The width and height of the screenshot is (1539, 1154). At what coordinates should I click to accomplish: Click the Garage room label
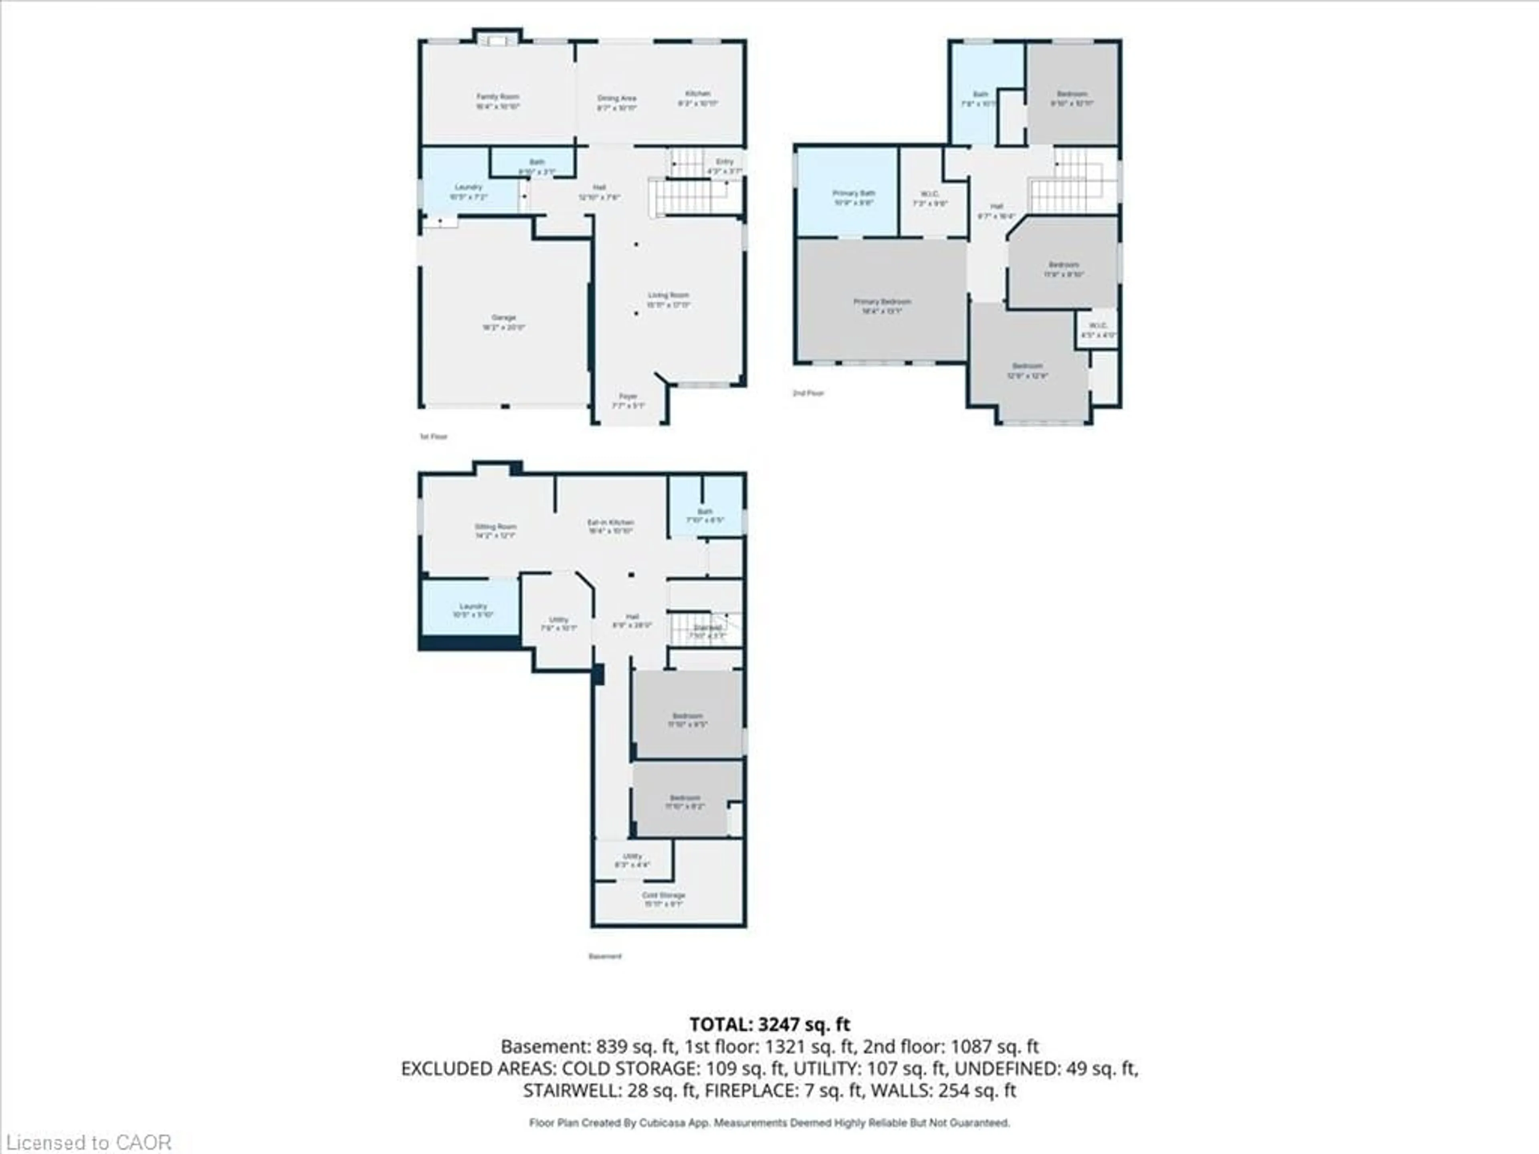(504, 322)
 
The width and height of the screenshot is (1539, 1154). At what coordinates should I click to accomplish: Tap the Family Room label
(497, 101)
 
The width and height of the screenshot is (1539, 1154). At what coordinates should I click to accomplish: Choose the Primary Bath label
(854, 198)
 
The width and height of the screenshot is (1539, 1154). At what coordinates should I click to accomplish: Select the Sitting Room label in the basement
(495, 531)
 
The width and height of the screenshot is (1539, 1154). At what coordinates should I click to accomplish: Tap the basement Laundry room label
(473, 610)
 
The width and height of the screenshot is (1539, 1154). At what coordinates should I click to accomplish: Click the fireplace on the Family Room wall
(497, 41)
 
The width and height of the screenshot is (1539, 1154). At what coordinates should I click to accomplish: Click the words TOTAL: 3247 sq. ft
(769, 1024)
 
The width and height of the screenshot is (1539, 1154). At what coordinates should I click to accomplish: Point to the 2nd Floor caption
(808, 393)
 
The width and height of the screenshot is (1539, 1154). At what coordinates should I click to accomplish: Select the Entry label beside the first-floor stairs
(724, 165)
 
